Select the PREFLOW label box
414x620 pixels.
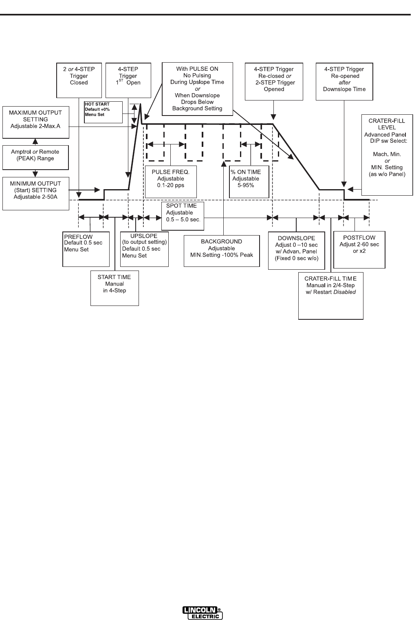click(x=86, y=249)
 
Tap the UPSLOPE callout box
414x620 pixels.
click(x=144, y=249)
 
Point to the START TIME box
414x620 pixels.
click(x=115, y=288)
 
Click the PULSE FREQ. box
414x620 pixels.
click(x=170, y=181)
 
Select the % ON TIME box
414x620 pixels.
click(x=249, y=181)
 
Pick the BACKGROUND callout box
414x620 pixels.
click(x=222, y=251)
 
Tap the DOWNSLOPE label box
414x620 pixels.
click(x=296, y=250)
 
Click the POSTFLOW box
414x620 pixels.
click(x=359, y=249)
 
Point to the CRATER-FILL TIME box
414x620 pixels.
click(x=330, y=296)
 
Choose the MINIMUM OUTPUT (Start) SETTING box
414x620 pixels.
click(x=35, y=193)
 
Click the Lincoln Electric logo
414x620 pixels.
click(x=203, y=613)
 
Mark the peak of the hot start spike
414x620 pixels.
click(x=140, y=104)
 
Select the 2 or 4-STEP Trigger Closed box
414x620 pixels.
click(x=79, y=80)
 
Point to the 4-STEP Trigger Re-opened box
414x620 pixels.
click(x=344, y=81)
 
